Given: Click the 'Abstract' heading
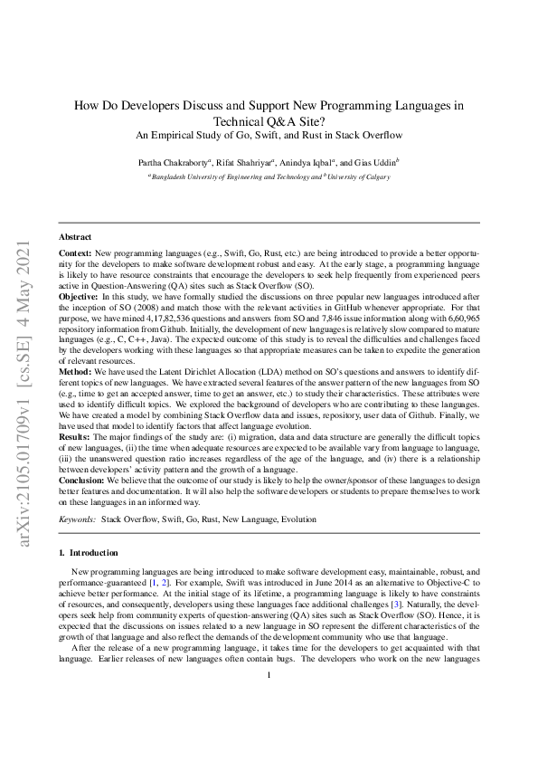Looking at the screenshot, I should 73,235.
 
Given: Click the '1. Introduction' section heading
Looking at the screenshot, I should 87,551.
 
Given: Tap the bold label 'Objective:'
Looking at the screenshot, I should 78,296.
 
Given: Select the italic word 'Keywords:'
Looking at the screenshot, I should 77,519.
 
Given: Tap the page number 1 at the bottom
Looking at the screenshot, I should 269,697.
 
